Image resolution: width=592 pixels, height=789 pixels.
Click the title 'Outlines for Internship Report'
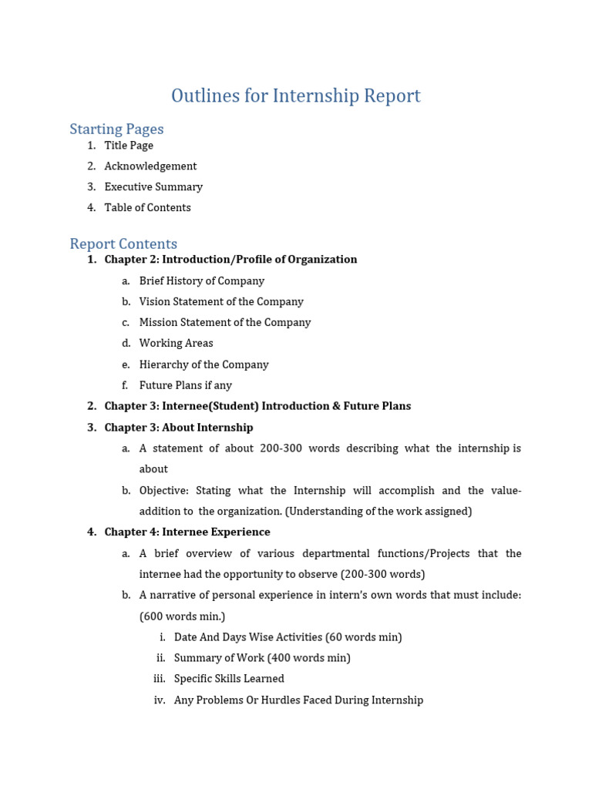coord(295,96)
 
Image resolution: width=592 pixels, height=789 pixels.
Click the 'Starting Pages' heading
coord(116,129)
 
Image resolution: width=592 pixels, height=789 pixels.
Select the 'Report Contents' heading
coord(123,243)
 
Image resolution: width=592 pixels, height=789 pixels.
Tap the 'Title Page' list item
coord(129,146)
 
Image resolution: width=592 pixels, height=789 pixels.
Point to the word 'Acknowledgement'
coord(150,166)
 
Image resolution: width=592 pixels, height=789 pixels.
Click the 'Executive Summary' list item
coord(153,187)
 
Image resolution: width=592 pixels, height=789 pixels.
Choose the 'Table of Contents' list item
coord(147,208)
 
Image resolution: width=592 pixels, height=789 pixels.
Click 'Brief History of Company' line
coord(201,281)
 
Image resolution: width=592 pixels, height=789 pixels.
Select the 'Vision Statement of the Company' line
coord(221,302)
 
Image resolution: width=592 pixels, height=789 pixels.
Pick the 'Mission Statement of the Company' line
coord(225,323)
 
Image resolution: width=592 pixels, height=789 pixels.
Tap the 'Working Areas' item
coord(176,344)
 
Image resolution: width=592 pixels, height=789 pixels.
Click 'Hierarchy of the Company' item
coord(203,364)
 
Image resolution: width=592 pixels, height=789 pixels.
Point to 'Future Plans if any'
coord(185,385)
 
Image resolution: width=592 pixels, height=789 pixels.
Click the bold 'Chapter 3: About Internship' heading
coord(179,428)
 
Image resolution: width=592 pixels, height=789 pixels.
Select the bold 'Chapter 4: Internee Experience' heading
coord(187,532)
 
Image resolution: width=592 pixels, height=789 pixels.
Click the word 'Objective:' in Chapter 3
coord(164,491)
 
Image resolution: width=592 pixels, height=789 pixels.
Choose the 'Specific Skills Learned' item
coord(229,679)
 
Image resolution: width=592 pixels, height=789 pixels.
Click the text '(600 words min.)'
coord(182,616)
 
